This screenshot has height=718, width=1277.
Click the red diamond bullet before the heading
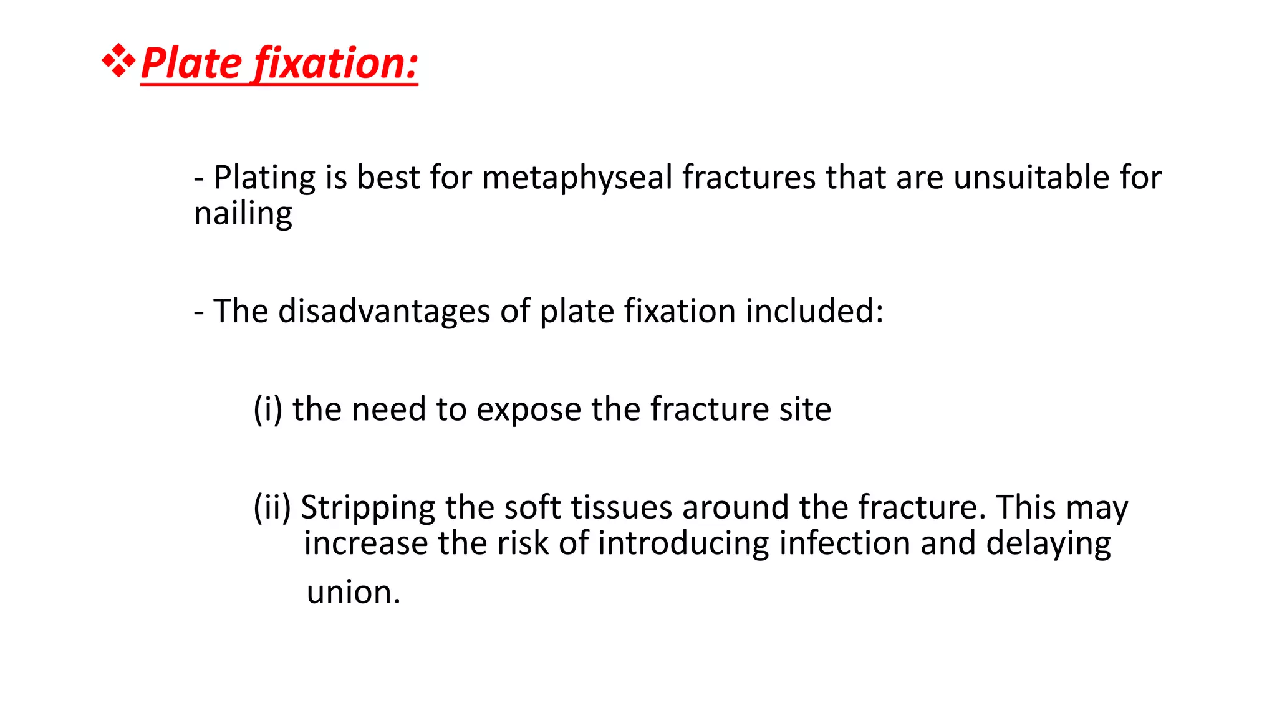(x=118, y=61)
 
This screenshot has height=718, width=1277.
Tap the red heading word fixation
(x=337, y=64)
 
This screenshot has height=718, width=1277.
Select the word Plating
(x=264, y=178)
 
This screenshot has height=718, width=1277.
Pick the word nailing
(x=243, y=214)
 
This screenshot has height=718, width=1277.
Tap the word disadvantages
(x=383, y=311)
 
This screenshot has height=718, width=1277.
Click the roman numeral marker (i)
(x=267, y=409)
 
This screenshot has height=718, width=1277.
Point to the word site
(x=805, y=409)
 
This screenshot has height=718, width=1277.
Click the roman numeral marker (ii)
(x=272, y=507)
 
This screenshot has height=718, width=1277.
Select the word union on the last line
(x=353, y=592)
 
